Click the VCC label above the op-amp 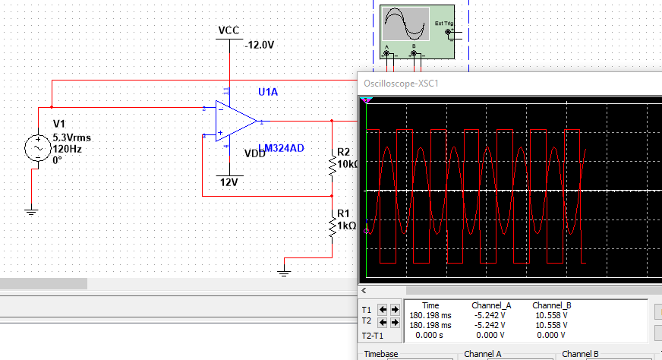(x=229, y=30)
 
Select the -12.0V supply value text (x=259, y=46)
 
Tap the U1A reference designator (x=268, y=92)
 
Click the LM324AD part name (x=281, y=148)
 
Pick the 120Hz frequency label (x=67, y=149)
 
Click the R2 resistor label (x=344, y=152)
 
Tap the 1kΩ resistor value (x=346, y=226)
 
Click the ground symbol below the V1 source (x=30, y=211)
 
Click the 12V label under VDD (x=229, y=182)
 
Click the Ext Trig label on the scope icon (x=443, y=23)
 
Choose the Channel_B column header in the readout (x=552, y=305)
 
